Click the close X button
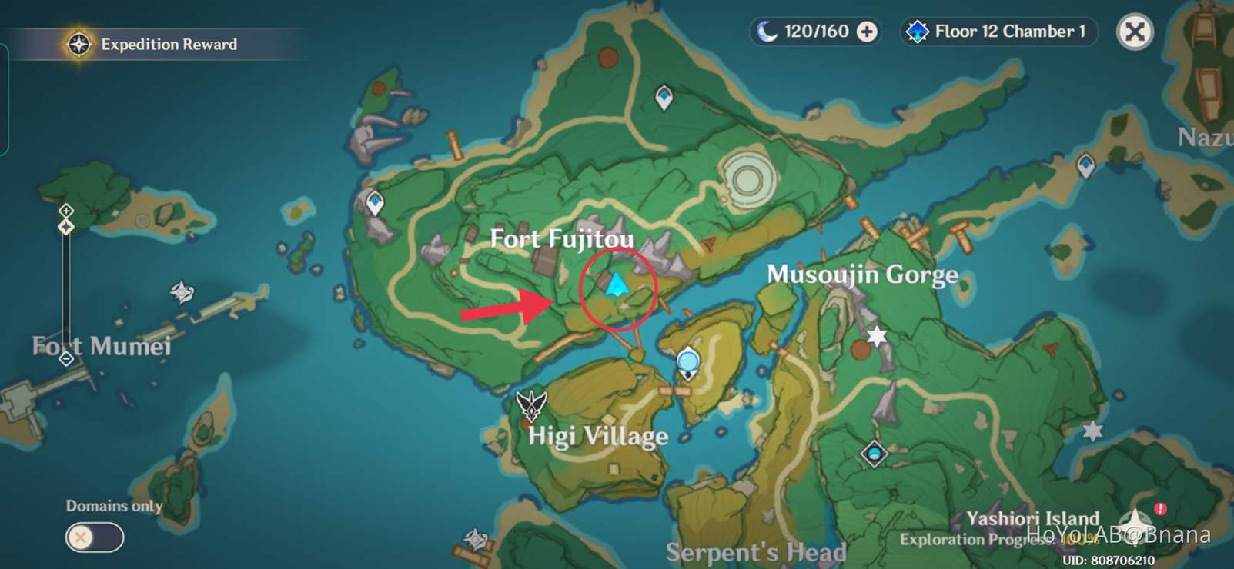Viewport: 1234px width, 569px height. click(1135, 32)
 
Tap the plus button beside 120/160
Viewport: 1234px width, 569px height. click(868, 32)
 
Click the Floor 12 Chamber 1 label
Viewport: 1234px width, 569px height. click(1009, 32)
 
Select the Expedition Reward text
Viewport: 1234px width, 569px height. click(169, 45)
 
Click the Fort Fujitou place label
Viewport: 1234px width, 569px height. click(562, 239)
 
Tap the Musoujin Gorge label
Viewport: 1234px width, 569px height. click(862, 275)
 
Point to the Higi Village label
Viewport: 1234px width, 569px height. click(598, 436)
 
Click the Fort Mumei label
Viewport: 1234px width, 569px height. click(102, 346)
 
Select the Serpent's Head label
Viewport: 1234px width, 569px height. click(756, 551)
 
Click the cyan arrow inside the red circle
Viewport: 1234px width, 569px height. click(616, 286)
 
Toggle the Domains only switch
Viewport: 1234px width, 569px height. click(94, 537)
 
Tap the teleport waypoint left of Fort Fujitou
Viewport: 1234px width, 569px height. click(375, 203)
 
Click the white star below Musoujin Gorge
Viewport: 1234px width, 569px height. click(877, 336)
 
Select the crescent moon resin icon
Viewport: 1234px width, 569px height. click(767, 32)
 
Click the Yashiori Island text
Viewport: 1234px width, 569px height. click(1032, 518)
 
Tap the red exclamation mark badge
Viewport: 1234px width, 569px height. click(1160, 509)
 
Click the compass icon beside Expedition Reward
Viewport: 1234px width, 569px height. click(79, 45)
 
